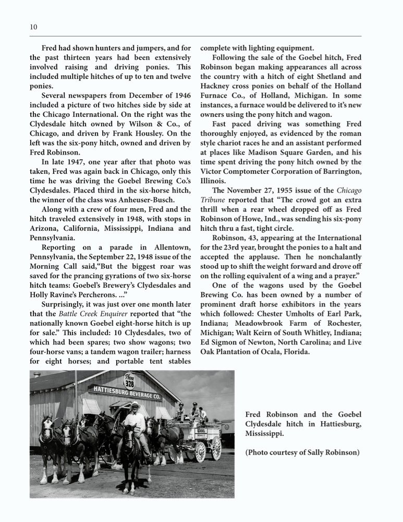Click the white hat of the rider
click(135, 405)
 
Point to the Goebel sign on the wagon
click(201, 432)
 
